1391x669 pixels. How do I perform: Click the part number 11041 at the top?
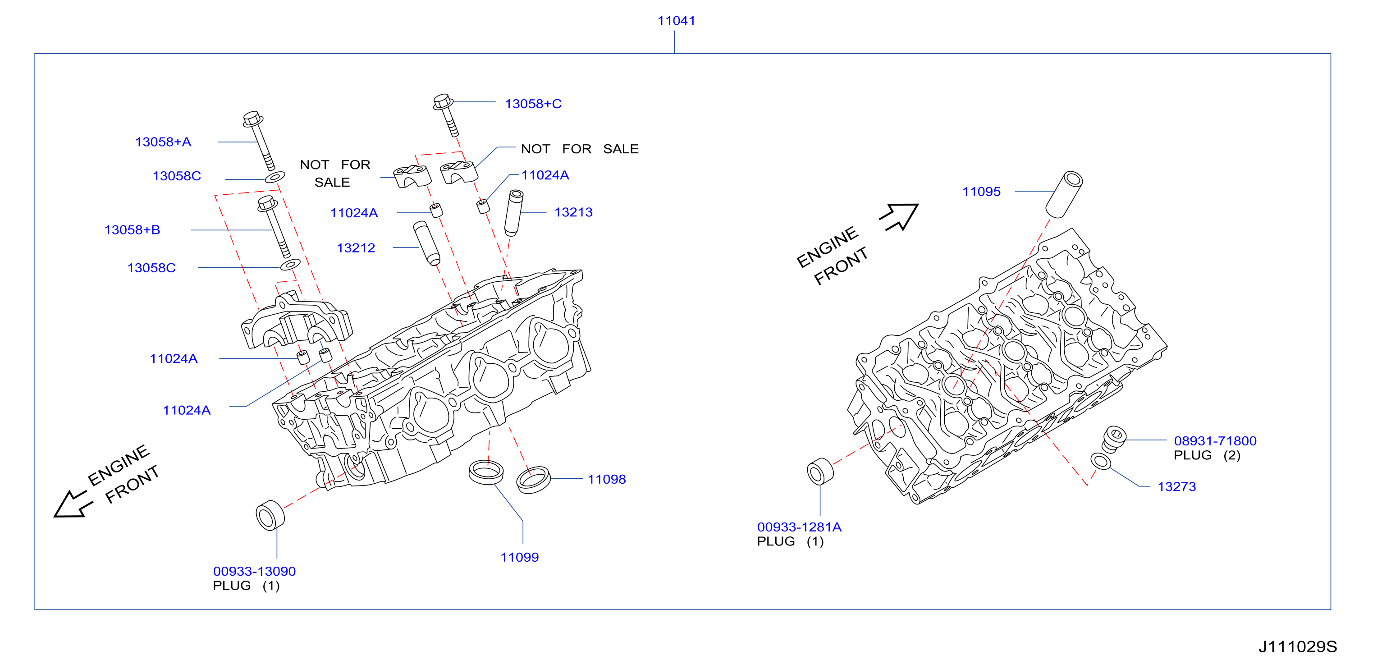tap(676, 21)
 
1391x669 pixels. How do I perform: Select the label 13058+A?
tap(163, 142)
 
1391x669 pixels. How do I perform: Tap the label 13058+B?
tap(133, 230)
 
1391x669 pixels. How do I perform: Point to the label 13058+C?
tap(533, 104)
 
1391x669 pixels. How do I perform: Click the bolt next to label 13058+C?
tap(446, 115)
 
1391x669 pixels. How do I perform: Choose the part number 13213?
tap(573, 212)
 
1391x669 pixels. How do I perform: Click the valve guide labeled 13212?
tap(426, 243)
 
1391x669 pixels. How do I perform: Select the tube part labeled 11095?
tap(1064, 194)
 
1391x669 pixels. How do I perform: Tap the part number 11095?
tap(981, 192)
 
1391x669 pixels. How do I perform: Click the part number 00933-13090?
tap(254, 571)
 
